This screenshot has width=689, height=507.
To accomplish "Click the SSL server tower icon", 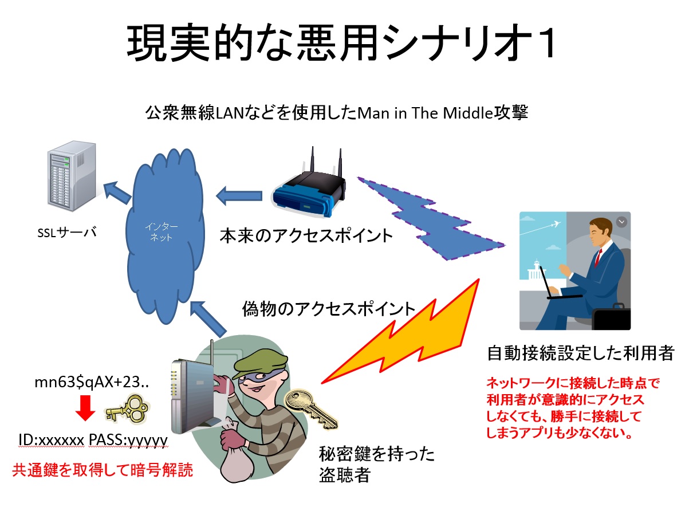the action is coord(72,176).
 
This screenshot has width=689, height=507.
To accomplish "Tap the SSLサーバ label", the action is coord(67,233).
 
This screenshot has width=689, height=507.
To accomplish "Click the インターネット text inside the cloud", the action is coord(161,231).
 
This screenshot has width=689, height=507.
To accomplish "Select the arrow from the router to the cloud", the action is coord(239,196).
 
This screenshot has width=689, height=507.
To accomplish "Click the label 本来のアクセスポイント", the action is coord(306,236).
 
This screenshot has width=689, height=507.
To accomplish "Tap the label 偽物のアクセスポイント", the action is coord(329,309).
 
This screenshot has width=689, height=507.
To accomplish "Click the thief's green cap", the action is coord(260,363).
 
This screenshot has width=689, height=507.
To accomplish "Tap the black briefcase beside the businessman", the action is coord(612,317).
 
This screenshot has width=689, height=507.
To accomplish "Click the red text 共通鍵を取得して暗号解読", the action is coord(103,470).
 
